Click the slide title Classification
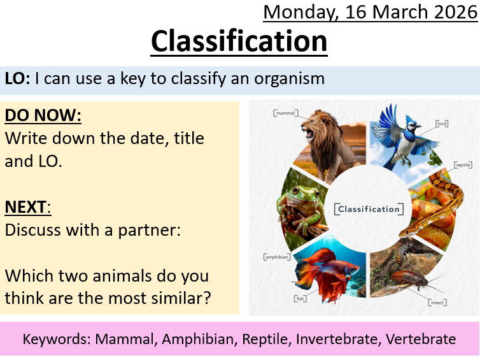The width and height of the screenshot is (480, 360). tap(239, 42)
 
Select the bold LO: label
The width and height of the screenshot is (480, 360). tap(17, 78)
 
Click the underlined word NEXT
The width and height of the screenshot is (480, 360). tap(27, 207)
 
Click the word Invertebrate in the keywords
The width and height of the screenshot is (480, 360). tap(337, 339)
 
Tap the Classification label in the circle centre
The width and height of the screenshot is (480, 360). tap(368, 209)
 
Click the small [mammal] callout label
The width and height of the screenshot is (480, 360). tap(285, 113)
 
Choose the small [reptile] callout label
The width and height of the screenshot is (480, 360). tap(462, 164)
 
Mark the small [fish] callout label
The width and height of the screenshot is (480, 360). tap(299, 298)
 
